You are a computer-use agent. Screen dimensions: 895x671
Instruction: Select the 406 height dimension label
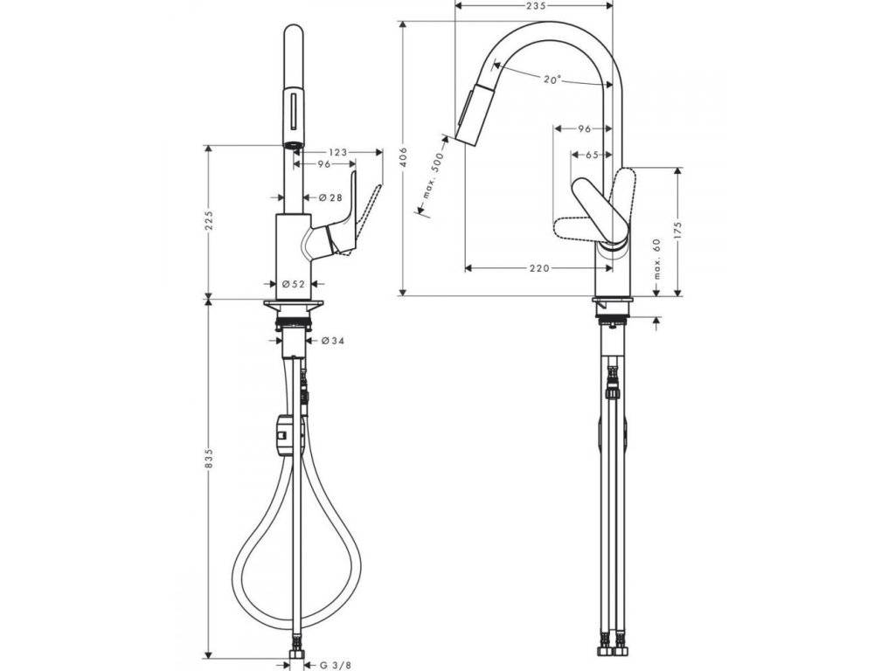pos(403,158)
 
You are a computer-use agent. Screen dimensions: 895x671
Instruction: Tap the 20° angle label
pos(552,80)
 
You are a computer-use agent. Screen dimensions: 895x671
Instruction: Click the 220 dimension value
pos(539,268)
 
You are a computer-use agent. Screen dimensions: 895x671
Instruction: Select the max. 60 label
pos(657,260)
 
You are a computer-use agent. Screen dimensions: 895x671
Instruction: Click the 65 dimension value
pos(591,155)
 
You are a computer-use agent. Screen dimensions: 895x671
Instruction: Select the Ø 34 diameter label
pos(332,341)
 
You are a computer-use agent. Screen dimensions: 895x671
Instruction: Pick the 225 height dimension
pos(208,222)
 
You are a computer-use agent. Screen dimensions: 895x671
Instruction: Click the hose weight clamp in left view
pos(282,434)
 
